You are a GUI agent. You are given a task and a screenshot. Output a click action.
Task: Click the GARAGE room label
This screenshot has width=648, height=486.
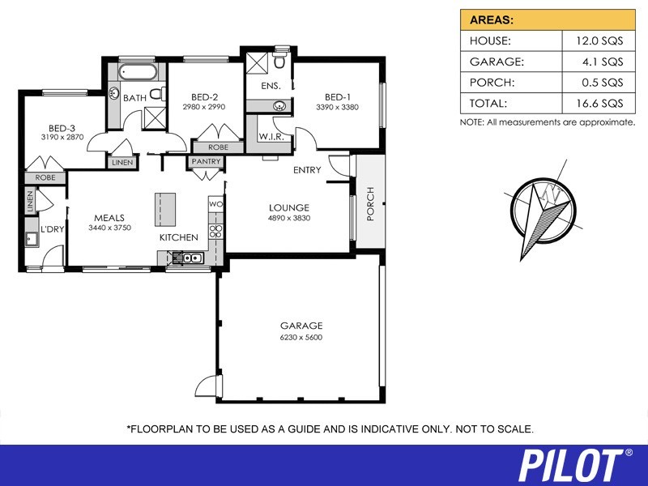coord(301,326)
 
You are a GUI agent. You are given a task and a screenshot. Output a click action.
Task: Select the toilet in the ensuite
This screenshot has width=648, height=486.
coord(280,62)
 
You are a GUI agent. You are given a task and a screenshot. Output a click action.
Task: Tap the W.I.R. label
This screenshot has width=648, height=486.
coord(271,137)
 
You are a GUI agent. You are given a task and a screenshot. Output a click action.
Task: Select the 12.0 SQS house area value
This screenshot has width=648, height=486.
coord(595,39)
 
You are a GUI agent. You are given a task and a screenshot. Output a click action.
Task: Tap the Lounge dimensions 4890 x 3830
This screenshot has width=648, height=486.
coord(289,218)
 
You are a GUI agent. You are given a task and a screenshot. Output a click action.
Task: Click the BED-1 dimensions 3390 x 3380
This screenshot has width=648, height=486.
coord(337,107)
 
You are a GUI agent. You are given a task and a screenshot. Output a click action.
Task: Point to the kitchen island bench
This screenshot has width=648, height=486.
coord(165,210)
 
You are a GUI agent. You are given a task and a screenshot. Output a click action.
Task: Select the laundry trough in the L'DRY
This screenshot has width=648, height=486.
coord(32,239)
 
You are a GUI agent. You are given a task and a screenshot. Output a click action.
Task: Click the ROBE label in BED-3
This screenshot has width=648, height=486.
coord(45,177)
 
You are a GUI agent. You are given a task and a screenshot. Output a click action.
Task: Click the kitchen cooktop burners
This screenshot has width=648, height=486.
coord(215,237)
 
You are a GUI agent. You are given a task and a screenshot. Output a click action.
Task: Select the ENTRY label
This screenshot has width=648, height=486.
coord(308,170)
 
